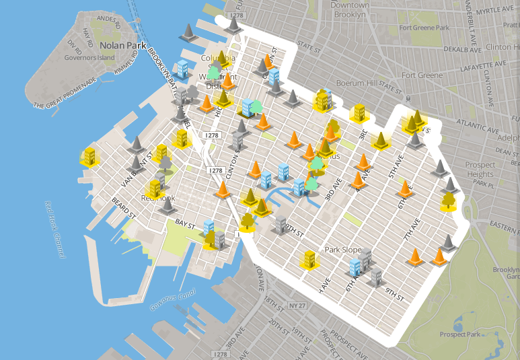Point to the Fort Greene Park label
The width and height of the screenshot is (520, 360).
point(424,28)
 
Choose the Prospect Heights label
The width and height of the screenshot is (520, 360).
point(480,170)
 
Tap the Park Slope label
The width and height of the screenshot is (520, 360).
point(343,250)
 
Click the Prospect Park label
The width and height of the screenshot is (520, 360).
point(461,334)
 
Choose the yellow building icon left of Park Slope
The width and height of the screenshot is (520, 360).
point(309,258)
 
